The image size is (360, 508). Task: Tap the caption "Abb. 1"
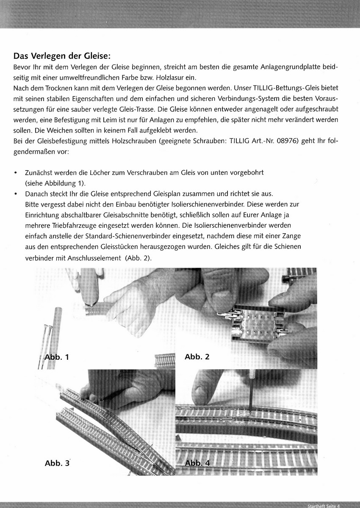pos(55,357)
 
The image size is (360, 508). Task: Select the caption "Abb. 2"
pos(197,357)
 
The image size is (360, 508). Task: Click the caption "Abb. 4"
pos(197,463)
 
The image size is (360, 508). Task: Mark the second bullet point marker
pos(16,194)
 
